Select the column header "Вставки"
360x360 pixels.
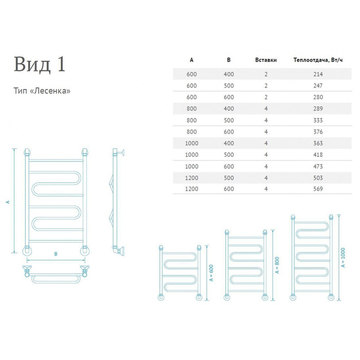coord(266,60)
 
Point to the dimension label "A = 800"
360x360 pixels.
coord(277,265)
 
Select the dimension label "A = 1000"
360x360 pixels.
coord(343,255)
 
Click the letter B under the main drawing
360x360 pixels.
coord(56,254)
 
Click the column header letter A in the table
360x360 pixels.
coord(192,60)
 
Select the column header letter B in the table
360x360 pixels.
coord(229,60)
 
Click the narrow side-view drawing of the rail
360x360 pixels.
coord(117,201)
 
